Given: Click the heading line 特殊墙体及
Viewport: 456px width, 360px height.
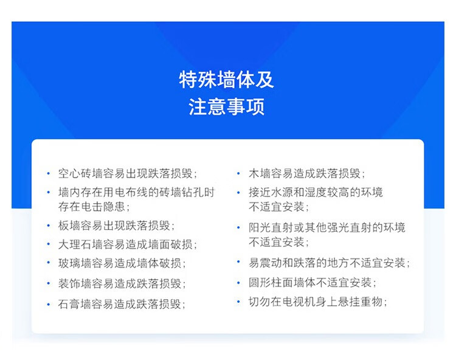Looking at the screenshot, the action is click(x=226, y=80).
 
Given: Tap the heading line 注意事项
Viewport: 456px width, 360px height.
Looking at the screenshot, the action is click(x=227, y=106).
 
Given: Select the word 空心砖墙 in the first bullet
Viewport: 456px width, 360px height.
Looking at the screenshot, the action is click(x=80, y=173).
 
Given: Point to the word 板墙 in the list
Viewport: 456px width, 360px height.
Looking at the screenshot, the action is click(x=69, y=226).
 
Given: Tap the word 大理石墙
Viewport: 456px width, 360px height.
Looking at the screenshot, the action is click(x=80, y=244).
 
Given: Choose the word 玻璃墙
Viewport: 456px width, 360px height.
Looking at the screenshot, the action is click(x=75, y=263).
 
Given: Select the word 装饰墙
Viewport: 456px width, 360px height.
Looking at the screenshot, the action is click(x=75, y=283).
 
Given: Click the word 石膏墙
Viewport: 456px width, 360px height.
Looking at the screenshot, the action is click(x=75, y=304).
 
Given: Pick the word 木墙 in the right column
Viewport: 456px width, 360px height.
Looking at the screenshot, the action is click(x=260, y=173).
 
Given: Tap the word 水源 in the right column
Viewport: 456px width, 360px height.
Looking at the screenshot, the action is click(x=282, y=192).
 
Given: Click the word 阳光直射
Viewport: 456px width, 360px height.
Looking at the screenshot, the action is click(x=271, y=227).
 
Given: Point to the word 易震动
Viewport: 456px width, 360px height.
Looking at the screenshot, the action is click(x=265, y=263).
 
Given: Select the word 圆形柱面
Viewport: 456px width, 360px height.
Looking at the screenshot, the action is click(x=271, y=282).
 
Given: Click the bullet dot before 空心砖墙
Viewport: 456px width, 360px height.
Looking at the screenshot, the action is click(x=48, y=173).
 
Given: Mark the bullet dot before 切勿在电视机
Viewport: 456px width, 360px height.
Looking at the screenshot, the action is click(x=238, y=302).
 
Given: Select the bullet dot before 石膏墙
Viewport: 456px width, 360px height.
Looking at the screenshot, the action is click(x=48, y=305).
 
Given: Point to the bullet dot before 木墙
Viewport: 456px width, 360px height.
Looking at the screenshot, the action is click(x=238, y=173).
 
